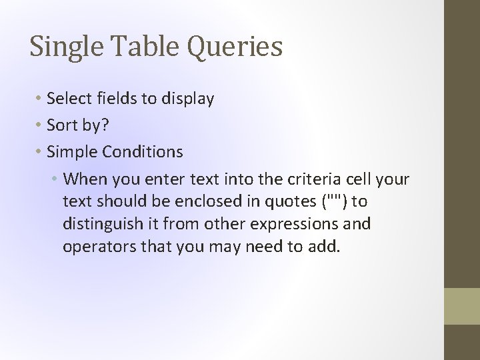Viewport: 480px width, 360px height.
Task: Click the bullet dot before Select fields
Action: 39,99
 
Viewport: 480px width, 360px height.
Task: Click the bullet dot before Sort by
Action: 39,125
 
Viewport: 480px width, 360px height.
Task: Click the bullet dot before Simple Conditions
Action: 39,152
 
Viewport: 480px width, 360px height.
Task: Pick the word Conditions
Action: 143,152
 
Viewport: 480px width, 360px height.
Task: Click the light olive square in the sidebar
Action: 461,305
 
